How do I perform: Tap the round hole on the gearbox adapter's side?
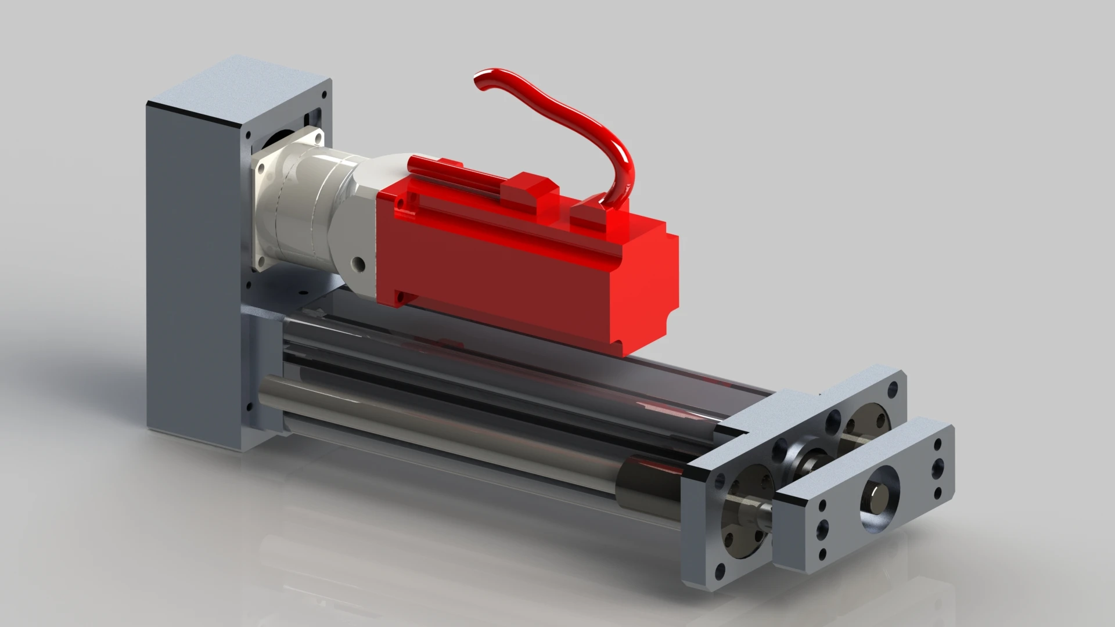pyautogui.click(x=359, y=265)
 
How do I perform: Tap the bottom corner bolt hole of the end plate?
pyautogui.click(x=720, y=572)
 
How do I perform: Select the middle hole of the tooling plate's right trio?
pyautogui.click(x=937, y=464)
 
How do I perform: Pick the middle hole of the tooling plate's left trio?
pyautogui.click(x=823, y=528)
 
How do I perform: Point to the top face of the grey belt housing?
pyautogui.click(x=238, y=81)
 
